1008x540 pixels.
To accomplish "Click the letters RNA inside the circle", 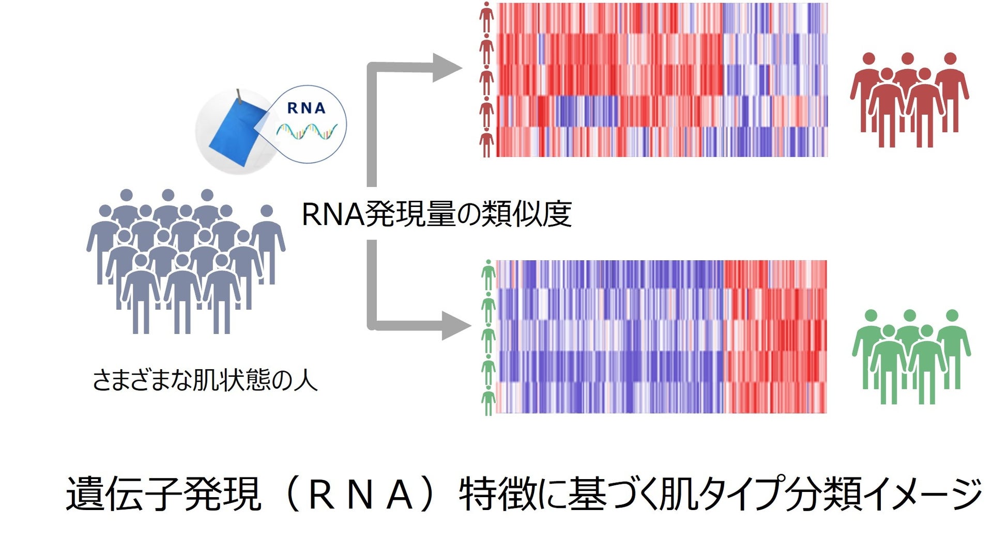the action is pos(306,108).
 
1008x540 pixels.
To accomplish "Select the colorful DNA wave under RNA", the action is pos(307,132).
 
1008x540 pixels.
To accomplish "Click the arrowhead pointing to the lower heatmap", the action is pos(456,325).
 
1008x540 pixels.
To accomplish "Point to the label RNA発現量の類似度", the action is pos(436,214).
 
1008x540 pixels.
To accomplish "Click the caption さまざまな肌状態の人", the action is pos(205,381).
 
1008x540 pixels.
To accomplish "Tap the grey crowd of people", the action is pos(186,261).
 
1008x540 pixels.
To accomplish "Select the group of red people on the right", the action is pos(909,99).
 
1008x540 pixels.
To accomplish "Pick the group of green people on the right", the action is pos(911,356).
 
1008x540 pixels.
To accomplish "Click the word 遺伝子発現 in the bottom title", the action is pos(163,494).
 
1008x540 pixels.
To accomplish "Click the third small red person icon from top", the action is pos(486,80).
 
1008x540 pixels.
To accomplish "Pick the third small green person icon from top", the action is pos(488,338).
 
